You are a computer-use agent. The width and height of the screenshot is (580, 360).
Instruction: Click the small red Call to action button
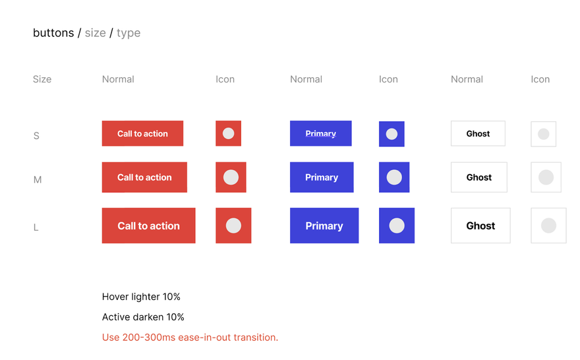tap(142, 133)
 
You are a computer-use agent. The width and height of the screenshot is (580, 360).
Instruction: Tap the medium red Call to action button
tap(144, 177)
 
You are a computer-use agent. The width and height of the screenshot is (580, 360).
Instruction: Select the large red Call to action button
tap(149, 225)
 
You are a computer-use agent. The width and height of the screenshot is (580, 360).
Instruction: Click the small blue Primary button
tap(321, 133)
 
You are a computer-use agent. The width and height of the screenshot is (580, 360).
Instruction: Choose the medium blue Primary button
tap(322, 177)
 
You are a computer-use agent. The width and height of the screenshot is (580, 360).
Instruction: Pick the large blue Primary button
tap(324, 225)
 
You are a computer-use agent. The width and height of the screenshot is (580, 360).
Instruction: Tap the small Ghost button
tap(478, 133)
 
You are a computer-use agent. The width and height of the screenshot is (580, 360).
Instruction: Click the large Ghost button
tap(480, 225)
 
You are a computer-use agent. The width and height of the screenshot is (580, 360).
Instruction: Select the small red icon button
tap(228, 133)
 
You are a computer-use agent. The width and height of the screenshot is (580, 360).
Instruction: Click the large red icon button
tap(233, 225)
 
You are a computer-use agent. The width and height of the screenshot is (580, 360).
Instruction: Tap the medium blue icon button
tap(394, 177)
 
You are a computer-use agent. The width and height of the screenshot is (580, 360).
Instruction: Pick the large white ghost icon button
tap(548, 225)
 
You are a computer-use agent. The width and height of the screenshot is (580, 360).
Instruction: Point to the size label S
tap(36, 136)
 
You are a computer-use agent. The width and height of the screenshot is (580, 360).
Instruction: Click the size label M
tap(38, 180)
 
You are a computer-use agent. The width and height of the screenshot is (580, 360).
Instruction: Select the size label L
tap(36, 227)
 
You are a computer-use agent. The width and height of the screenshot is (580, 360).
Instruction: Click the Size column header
tap(42, 79)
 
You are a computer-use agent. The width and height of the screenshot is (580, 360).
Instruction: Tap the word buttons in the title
tap(53, 33)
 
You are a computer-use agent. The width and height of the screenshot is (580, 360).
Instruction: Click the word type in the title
tap(129, 34)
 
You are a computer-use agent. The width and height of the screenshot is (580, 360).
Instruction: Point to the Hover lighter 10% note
tap(141, 297)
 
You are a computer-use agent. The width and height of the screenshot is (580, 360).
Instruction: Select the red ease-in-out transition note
tap(190, 338)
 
